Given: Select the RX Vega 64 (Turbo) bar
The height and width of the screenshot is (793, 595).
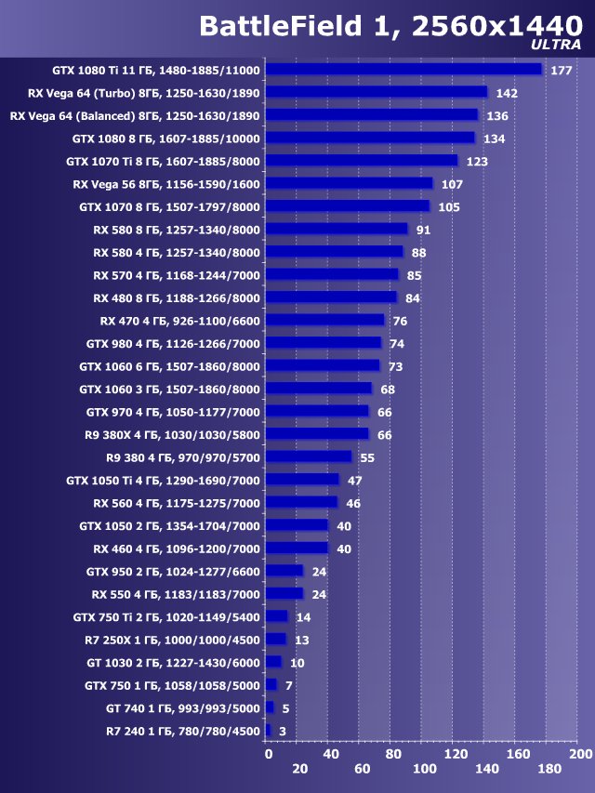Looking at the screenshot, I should pyautogui.click(x=376, y=92).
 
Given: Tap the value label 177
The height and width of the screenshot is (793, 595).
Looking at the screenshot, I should pyautogui.click(x=561, y=71).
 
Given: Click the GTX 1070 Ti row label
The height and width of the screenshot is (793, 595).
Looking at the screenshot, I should pyautogui.click(x=164, y=161).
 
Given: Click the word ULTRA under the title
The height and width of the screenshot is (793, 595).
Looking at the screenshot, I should pyautogui.click(x=557, y=44).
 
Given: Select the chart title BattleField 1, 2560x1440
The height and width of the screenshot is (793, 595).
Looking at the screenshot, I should pyautogui.click(x=390, y=26).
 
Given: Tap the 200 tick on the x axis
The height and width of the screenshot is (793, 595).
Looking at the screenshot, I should pyautogui.click(x=579, y=753).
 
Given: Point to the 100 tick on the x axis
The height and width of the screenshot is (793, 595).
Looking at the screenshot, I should pyautogui.click(x=423, y=769).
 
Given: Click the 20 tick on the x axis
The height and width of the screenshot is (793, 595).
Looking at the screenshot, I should pyautogui.click(x=299, y=769).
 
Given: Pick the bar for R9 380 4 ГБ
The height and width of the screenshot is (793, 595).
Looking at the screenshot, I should pyautogui.click(x=309, y=456).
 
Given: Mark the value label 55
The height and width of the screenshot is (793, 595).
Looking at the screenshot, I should pyautogui.click(x=367, y=458).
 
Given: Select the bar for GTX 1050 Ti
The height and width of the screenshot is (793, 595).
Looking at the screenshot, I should pyautogui.click(x=302, y=480).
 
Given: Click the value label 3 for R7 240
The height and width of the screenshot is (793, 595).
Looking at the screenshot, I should pyautogui.click(x=283, y=732).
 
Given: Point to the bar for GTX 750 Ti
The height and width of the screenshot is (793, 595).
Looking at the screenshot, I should pyautogui.click(x=276, y=616).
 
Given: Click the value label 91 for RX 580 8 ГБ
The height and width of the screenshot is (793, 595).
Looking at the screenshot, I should pyautogui.click(x=424, y=231).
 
